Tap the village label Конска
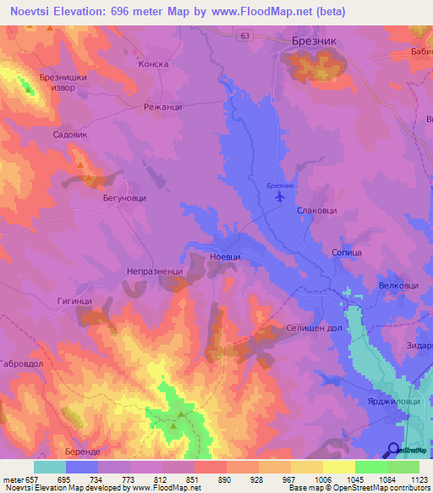tap(153, 64)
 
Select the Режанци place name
tap(162, 108)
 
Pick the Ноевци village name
tap(225, 257)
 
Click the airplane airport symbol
tap(280, 197)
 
